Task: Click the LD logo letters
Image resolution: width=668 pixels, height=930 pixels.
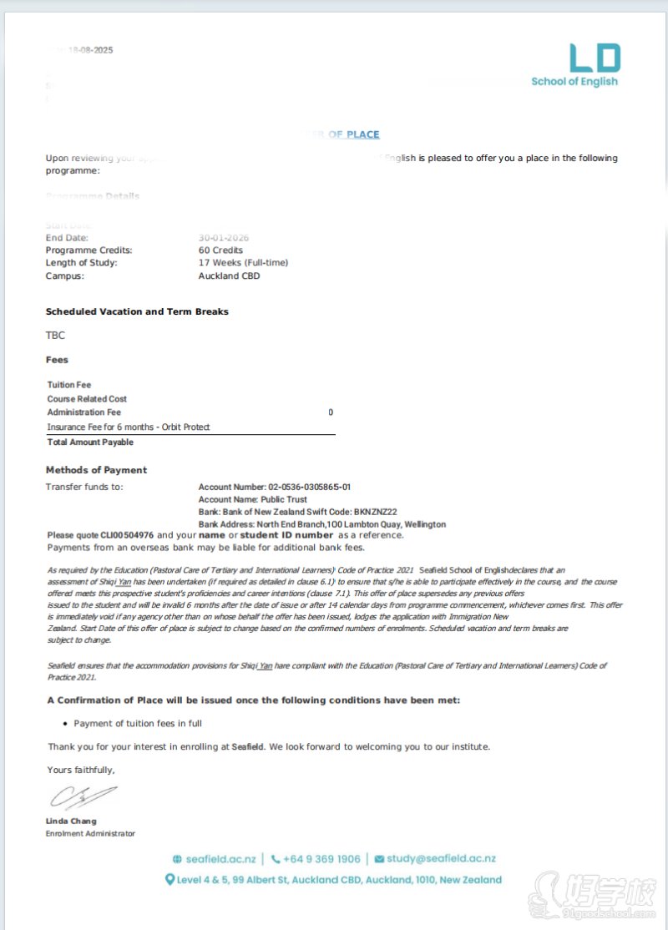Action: pyautogui.click(x=595, y=58)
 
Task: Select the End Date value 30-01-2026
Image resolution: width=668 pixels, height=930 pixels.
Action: pyautogui.click(x=224, y=238)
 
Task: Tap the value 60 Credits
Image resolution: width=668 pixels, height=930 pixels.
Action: pyautogui.click(x=220, y=250)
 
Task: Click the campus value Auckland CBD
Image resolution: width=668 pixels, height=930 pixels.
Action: pyautogui.click(x=229, y=275)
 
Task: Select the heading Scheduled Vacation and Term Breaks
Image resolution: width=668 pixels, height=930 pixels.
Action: pyautogui.click(x=137, y=311)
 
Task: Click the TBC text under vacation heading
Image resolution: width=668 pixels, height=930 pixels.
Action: pyautogui.click(x=55, y=336)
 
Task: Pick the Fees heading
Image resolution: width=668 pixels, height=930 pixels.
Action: pyautogui.click(x=57, y=360)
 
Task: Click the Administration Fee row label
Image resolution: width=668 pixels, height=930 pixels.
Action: pyautogui.click(x=84, y=412)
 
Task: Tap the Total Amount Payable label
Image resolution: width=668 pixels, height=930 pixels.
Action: pyautogui.click(x=90, y=442)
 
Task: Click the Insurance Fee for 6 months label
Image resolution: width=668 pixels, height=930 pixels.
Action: pyautogui.click(x=129, y=427)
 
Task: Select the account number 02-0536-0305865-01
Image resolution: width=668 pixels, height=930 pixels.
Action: pyautogui.click(x=309, y=487)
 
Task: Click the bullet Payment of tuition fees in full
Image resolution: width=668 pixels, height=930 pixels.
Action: pyautogui.click(x=138, y=723)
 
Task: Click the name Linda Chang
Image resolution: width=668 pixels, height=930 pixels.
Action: pyautogui.click(x=71, y=821)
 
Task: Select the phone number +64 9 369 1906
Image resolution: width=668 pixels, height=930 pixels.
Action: pyautogui.click(x=321, y=859)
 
